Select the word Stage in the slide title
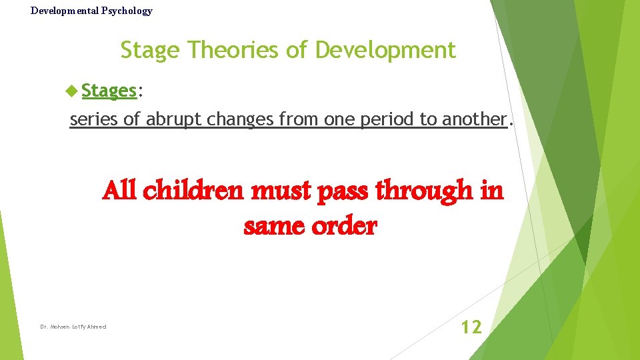[151, 51]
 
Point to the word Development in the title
[385, 51]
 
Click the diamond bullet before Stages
[73, 91]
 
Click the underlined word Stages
[109, 91]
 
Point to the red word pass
[342, 192]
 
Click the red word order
[345, 227]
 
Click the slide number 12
[471, 327]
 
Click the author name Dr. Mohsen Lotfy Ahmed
[73, 327]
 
